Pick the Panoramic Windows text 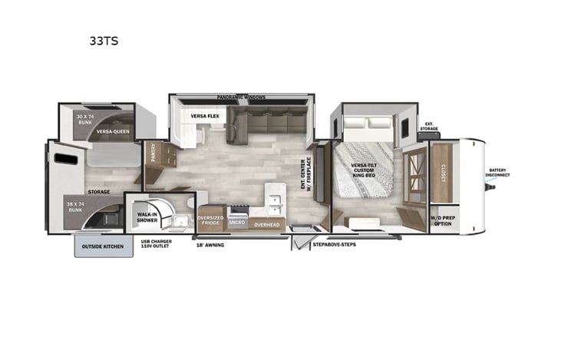tap(240, 97)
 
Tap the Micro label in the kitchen tap(237, 222)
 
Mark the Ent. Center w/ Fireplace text tap(310, 176)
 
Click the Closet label tap(444, 171)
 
